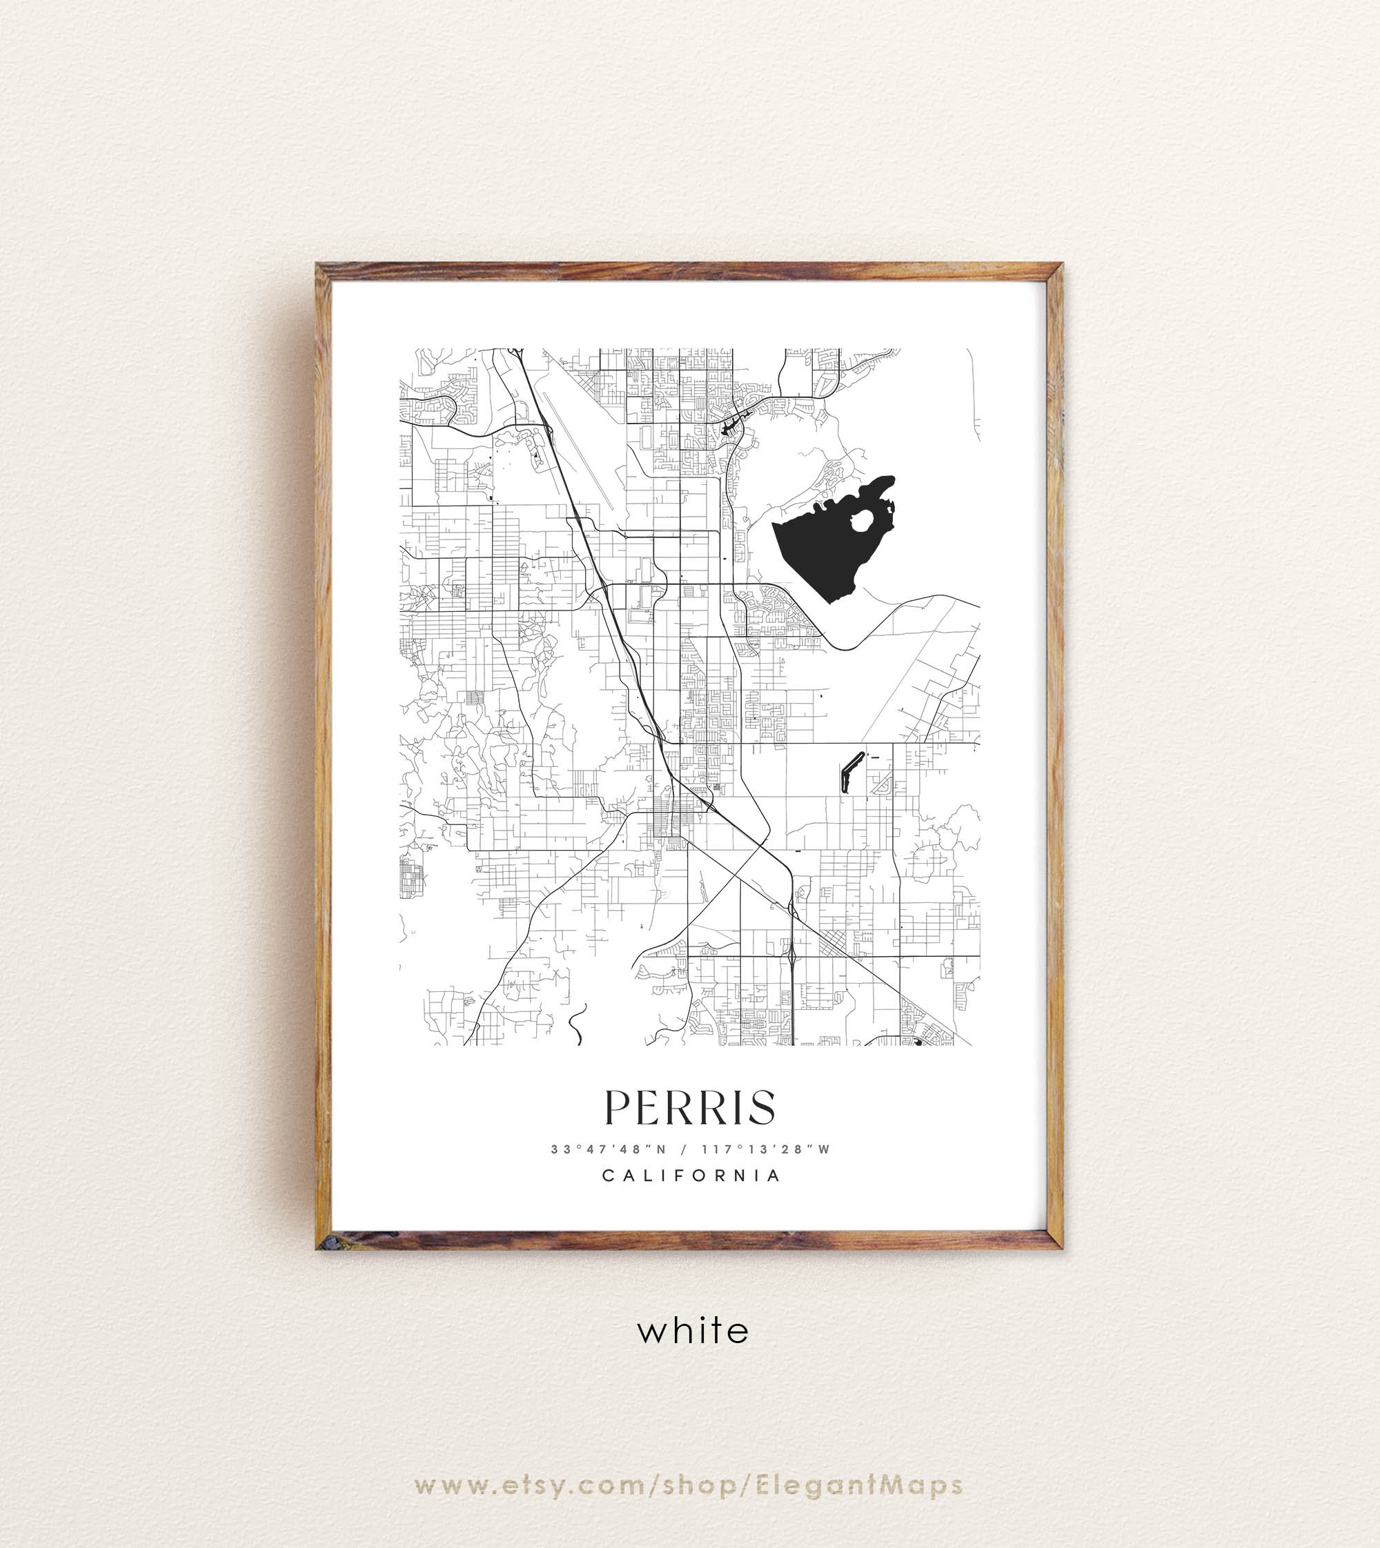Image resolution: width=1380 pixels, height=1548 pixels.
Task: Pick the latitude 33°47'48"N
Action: pyautogui.click(x=609, y=1149)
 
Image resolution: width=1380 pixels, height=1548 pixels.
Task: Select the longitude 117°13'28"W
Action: pyautogui.click(x=766, y=1149)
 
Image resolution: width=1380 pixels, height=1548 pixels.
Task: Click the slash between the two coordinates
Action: pyautogui.click(x=684, y=1149)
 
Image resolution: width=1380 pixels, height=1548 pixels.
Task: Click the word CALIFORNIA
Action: pyautogui.click(x=691, y=1175)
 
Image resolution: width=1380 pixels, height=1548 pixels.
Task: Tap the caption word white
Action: pyautogui.click(x=693, y=1331)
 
